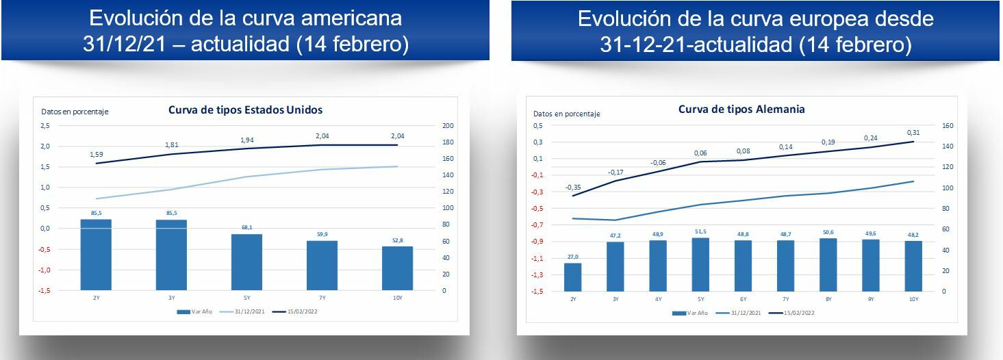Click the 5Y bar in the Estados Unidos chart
tap(246, 262)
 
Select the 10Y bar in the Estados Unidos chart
tap(397, 268)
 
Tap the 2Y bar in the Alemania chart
tap(572, 277)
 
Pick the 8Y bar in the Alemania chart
tap(828, 264)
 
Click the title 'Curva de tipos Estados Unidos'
tap(245, 110)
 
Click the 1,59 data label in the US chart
tap(97, 154)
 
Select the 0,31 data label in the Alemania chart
tap(913, 132)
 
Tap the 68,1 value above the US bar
tap(246, 228)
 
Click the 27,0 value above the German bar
tap(572, 257)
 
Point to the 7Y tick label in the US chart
tap(322, 298)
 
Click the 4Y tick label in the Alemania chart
tap(658, 299)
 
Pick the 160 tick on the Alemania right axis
tap(948, 126)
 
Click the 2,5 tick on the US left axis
tap(45, 126)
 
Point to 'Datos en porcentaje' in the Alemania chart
tap(566, 114)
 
